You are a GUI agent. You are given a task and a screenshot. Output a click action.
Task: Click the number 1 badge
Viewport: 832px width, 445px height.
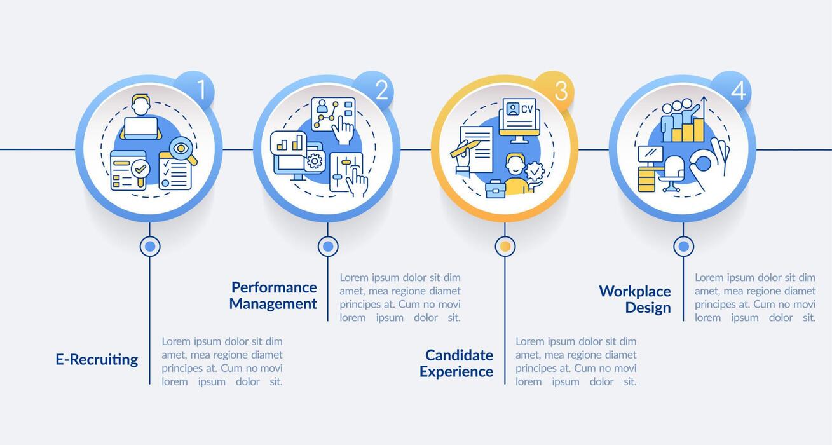click(x=196, y=91)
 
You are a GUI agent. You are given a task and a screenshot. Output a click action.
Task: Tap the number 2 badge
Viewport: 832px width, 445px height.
click(x=375, y=91)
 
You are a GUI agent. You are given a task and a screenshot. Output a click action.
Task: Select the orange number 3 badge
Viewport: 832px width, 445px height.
click(x=554, y=91)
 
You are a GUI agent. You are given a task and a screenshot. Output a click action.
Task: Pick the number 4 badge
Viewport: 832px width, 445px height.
click(x=732, y=91)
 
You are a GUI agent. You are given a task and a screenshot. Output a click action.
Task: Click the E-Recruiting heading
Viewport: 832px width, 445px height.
click(x=97, y=359)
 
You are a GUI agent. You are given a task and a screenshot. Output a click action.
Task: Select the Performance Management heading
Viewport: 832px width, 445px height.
click(x=273, y=296)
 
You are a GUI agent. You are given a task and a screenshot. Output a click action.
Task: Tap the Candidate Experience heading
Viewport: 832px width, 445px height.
click(x=456, y=363)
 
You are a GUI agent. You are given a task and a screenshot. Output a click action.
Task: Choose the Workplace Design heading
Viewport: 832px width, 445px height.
click(x=635, y=299)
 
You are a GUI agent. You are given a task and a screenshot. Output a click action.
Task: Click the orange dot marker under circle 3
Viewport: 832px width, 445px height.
click(x=505, y=246)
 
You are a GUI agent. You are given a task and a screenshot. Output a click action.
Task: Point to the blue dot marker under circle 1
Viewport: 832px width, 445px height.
click(x=150, y=246)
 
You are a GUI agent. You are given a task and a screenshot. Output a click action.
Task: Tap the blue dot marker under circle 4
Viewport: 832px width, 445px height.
click(x=683, y=246)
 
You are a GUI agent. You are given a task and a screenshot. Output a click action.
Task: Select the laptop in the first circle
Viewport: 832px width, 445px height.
click(x=140, y=127)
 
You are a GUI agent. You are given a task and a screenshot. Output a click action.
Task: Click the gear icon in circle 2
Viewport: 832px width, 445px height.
click(x=314, y=161)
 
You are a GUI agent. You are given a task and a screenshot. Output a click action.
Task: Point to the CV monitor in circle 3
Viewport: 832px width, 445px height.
click(x=519, y=118)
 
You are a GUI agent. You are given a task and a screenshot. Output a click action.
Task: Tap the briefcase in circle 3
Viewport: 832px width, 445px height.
click(x=495, y=188)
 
